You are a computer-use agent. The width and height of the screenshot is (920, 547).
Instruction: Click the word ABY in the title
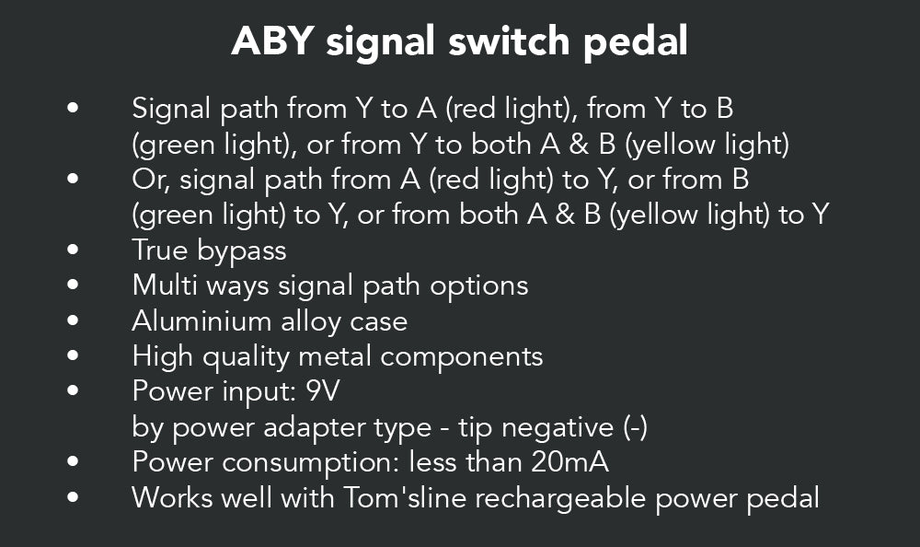(273, 41)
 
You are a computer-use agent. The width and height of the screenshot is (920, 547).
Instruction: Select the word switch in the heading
(509, 41)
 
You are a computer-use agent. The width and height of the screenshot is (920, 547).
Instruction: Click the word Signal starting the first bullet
(171, 110)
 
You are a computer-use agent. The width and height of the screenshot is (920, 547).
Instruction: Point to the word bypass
(242, 251)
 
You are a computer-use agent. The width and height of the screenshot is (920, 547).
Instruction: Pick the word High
(163, 356)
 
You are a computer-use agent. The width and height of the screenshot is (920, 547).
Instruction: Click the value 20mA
(569, 461)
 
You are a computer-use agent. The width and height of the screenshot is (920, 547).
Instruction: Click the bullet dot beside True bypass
(73, 250)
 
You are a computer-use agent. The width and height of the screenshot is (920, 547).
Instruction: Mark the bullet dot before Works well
(73, 497)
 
